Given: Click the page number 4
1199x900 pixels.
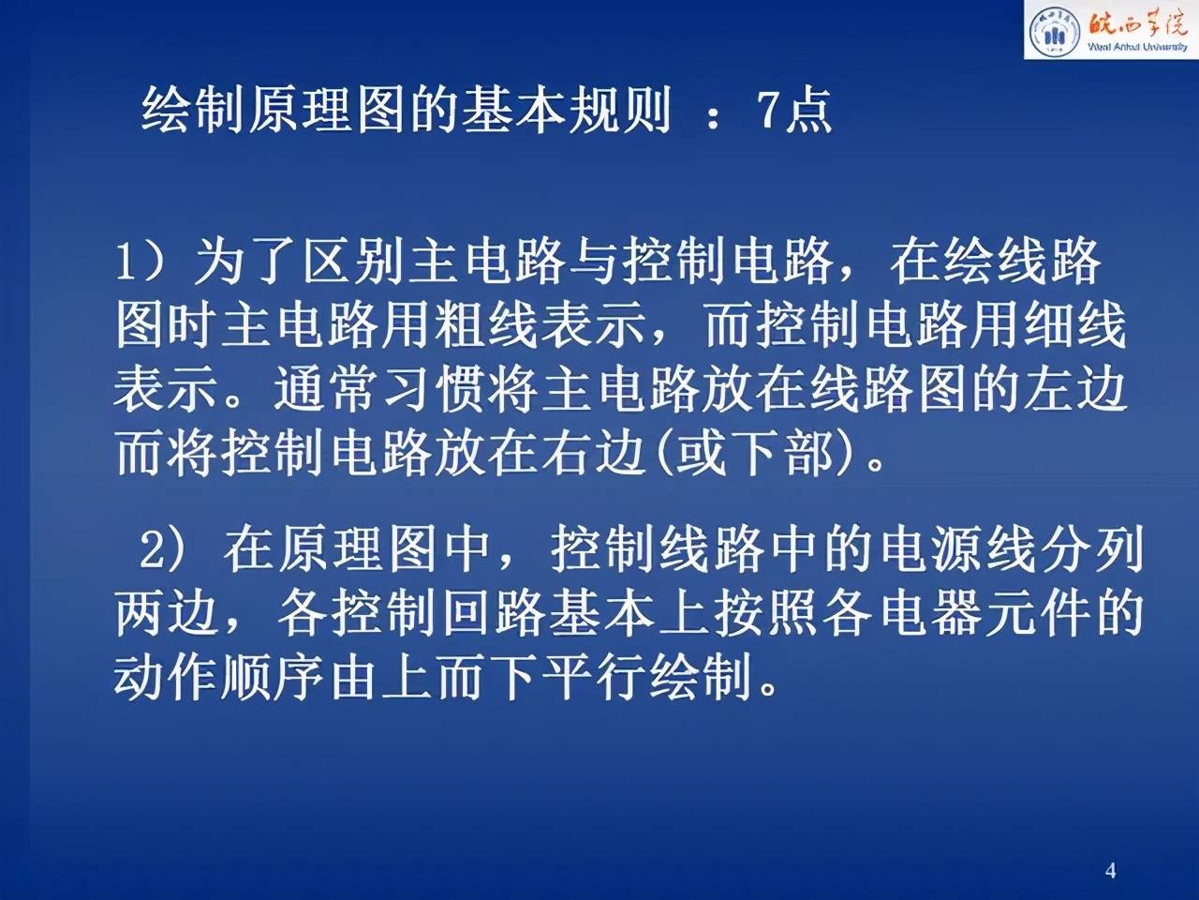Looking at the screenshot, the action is point(1111,870).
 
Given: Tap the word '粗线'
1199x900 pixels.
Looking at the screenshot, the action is point(487,327).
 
